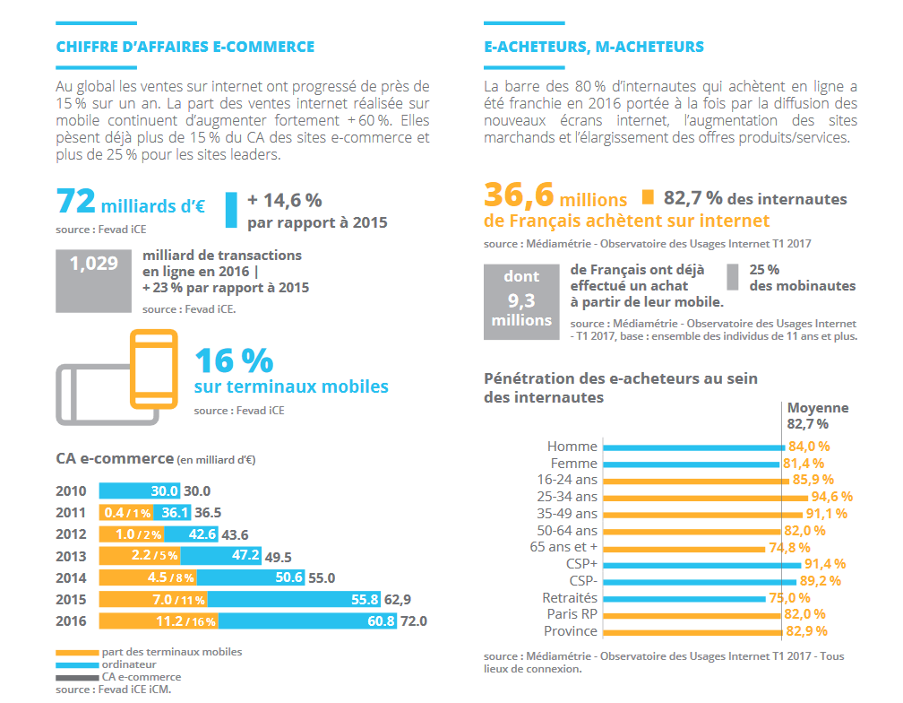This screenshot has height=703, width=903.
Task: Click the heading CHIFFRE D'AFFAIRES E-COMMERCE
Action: click(185, 47)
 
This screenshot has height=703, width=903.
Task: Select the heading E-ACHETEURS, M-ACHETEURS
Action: click(594, 47)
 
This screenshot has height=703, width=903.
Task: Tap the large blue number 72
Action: click(76, 202)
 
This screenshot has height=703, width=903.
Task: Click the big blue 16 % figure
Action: click(234, 360)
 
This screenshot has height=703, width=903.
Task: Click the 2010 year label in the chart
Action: click(72, 491)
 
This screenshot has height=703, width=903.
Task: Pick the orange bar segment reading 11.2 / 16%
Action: click(158, 621)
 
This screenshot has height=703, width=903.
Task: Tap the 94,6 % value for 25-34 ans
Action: click(831, 497)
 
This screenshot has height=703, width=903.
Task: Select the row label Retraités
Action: click(570, 598)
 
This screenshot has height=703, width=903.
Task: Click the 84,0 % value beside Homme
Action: click(809, 447)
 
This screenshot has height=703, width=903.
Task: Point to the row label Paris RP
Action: click(572, 614)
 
